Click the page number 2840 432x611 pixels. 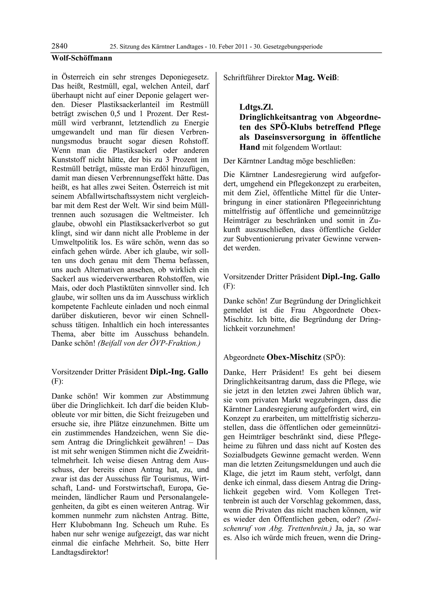point(59,46)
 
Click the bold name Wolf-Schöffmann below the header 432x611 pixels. point(82,58)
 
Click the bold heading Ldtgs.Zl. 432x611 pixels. point(256,107)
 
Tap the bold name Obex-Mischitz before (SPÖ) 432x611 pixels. point(294,357)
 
